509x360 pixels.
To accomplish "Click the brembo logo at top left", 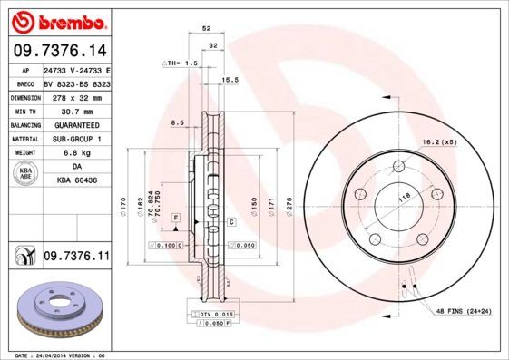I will point(57,19).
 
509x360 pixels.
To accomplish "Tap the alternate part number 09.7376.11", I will point(76,258).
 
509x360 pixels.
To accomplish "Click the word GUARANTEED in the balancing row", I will point(76,124).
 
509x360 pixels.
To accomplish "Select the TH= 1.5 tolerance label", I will point(180,63).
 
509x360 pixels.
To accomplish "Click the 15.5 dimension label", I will point(230,81).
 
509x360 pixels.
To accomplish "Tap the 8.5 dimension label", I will point(177,122).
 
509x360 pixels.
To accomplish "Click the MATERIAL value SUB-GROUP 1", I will point(76,139).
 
